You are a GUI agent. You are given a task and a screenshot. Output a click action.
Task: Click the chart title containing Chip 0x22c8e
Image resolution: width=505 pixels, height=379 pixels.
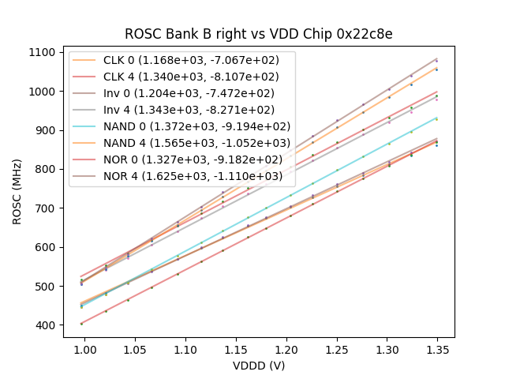[x=258, y=34]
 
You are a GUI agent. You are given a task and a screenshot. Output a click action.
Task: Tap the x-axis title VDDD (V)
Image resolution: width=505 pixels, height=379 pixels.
[x=258, y=366]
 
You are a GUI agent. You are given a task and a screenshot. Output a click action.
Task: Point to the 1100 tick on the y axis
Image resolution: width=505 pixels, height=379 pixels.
[x=44, y=52]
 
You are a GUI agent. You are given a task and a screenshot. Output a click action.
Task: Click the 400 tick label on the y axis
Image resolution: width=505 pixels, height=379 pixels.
[x=47, y=325]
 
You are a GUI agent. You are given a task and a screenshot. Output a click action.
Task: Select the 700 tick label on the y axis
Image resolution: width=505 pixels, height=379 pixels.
[x=47, y=208]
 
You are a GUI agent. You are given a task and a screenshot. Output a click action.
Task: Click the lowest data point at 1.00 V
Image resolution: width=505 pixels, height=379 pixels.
[x=81, y=324]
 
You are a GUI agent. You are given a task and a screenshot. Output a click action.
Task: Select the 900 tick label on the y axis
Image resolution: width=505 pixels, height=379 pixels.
[x=47, y=130]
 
